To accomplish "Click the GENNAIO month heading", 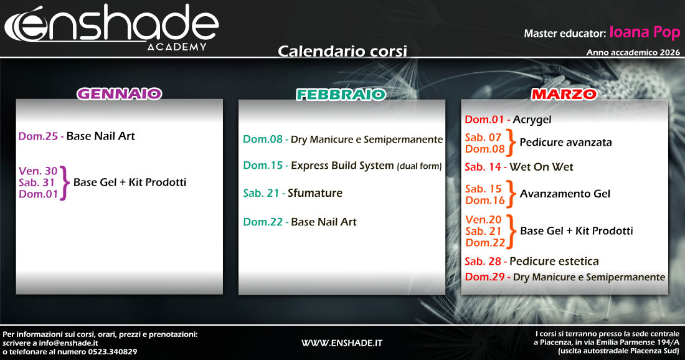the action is point(120,94).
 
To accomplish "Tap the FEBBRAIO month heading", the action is point(341,95).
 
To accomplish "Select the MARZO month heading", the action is point(564,94).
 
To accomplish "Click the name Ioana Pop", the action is point(645,32).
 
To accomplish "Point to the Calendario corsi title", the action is point(342,51).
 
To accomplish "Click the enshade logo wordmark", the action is point(111,24).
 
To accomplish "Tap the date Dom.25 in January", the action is point(38,136).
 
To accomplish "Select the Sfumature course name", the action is point(315,192).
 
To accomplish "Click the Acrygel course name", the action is point(532,120).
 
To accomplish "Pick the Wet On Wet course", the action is point(541,167).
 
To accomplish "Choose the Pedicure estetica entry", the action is point(554,261).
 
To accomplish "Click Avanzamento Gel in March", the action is point(565,194).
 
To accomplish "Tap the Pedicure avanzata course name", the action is point(565,142).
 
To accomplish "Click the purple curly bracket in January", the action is point(64,182).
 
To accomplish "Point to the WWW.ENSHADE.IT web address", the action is point(342,343).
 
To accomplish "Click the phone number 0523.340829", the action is point(113,352).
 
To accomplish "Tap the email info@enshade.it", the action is point(68,343).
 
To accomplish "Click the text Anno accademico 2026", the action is point(633,52).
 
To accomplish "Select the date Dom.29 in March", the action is point(484,277).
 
